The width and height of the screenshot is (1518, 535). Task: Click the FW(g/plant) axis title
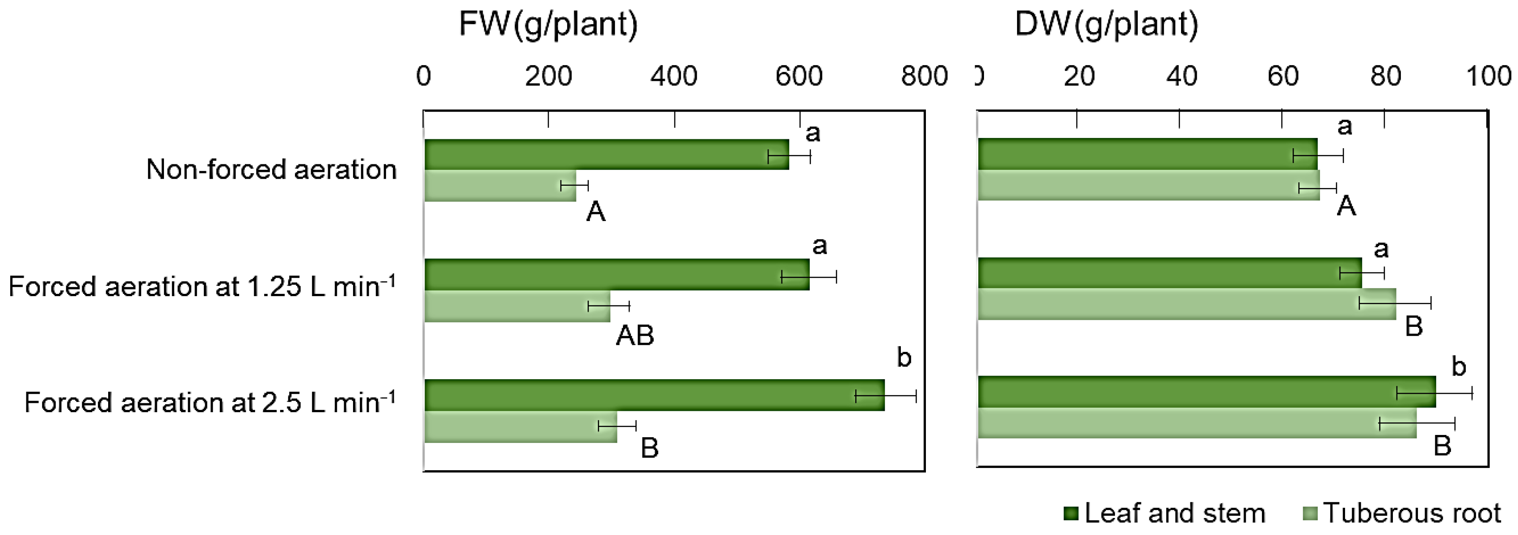click(548, 25)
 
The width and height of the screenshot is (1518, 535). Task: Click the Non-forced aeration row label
click(271, 170)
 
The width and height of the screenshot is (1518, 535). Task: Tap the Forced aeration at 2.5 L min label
click(209, 402)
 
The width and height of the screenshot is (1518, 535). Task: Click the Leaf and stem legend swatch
click(1071, 514)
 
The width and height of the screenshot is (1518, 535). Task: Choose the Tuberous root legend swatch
click(1309, 514)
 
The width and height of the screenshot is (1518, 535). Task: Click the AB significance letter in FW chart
click(635, 336)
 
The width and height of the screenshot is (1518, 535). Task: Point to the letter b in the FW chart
click(904, 358)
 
